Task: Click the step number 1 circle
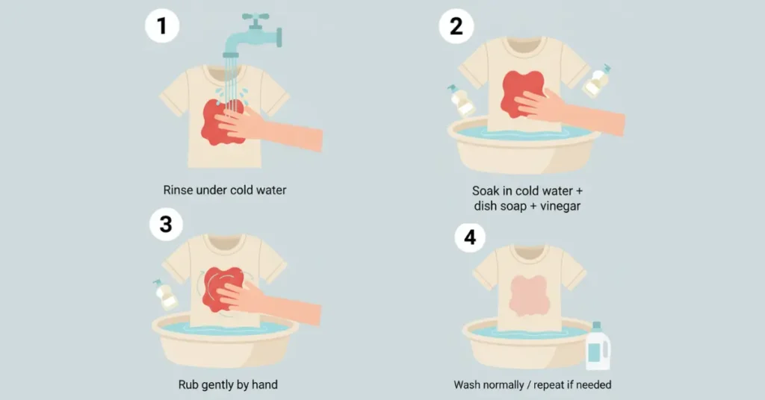point(162,25)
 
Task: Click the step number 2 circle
point(456,26)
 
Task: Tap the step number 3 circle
point(166,224)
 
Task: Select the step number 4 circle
point(470,237)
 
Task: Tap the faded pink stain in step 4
point(530,296)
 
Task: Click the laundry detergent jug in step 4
point(598,346)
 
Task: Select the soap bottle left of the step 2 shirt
point(461,101)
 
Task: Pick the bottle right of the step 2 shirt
point(597,81)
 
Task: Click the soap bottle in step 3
point(165,295)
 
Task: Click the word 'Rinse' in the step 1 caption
point(178,190)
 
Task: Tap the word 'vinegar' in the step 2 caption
point(560,206)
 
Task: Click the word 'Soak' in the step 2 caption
point(486,190)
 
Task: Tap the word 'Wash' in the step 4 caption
point(468,385)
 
